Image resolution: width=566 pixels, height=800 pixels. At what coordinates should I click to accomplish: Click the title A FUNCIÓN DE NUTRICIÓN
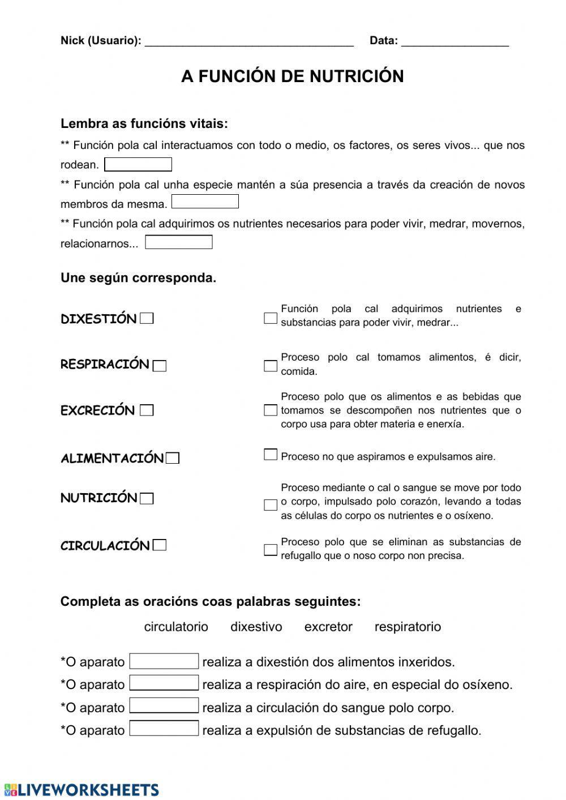coord(292,76)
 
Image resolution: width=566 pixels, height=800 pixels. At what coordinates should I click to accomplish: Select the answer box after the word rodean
coord(138,165)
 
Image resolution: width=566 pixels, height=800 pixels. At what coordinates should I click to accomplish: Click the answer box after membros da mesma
coord(205,202)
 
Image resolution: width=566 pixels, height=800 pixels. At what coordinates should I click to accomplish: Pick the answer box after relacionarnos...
coord(179,242)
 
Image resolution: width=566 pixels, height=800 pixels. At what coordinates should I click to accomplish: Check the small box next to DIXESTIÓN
coord(147,318)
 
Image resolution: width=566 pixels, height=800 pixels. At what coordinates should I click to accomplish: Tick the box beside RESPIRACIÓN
coord(160,366)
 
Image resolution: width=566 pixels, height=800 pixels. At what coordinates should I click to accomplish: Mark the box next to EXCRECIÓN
coord(147,410)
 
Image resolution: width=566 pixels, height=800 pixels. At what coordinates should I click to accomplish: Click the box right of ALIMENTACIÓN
coord(173,458)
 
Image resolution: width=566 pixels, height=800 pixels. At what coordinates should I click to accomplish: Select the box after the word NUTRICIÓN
coord(147,499)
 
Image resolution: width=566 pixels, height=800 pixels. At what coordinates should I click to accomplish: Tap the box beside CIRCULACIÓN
coord(160,545)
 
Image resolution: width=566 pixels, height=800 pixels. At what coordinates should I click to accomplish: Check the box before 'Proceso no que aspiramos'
coord(271,455)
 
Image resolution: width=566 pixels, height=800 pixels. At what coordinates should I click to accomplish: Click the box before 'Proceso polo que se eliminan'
coord(271,550)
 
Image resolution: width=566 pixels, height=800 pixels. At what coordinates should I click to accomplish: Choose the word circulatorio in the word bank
coord(176,627)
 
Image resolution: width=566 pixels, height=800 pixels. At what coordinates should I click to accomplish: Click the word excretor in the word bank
coord(328,627)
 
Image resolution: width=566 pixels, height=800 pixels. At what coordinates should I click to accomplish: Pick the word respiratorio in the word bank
coord(408,627)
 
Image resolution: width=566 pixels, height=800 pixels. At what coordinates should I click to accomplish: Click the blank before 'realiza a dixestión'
coord(164,661)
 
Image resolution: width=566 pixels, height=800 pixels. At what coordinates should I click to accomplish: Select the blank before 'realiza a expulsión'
coord(164,728)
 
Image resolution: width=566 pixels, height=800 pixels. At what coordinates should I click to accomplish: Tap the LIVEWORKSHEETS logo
coord(82,790)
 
